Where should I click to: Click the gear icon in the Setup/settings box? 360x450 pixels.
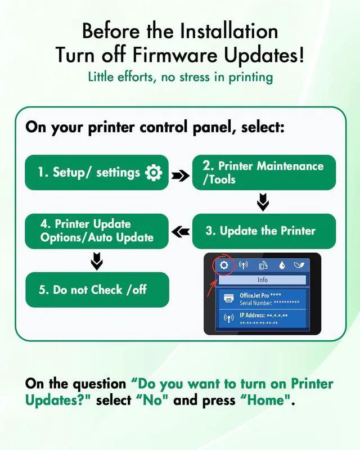pyautogui.click(x=154, y=173)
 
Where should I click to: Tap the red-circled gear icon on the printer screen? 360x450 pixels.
pyautogui.click(x=224, y=265)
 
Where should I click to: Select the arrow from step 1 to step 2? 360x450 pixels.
pyautogui.click(x=181, y=175)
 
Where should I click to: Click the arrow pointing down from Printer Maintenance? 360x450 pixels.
pyautogui.click(x=263, y=202)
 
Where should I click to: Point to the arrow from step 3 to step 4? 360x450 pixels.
pyautogui.click(x=181, y=232)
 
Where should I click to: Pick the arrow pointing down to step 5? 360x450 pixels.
pyautogui.click(x=97, y=261)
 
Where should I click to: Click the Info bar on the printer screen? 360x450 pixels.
pyautogui.click(x=262, y=280)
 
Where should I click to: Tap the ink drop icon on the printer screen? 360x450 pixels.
pyautogui.click(x=282, y=265)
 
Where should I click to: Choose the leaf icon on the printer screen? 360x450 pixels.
pyautogui.click(x=299, y=265)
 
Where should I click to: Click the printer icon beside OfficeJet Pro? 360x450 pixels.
pyautogui.click(x=228, y=299)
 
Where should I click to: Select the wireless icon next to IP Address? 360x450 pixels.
pyautogui.click(x=228, y=318)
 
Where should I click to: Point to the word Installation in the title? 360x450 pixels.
pyautogui.click(x=229, y=31)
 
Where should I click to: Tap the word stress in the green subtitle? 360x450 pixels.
pyautogui.click(x=195, y=77)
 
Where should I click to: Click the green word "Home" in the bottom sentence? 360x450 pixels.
pyautogui.click(x=266, y=400)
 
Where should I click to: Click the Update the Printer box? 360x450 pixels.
pyautogui.click(x=264, y=231)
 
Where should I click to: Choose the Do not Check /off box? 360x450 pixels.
pyautogui.click(x=97, y=290)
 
